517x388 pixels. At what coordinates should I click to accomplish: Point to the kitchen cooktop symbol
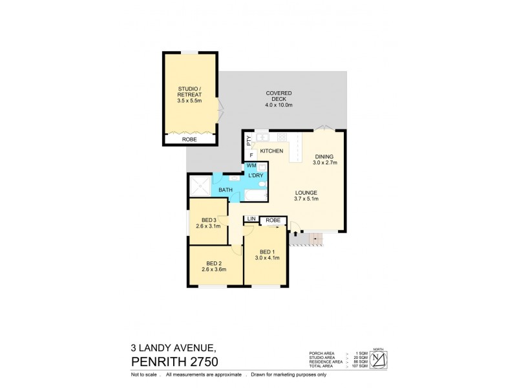[x=282, y=137]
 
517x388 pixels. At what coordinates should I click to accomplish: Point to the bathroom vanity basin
[x=232, y=178]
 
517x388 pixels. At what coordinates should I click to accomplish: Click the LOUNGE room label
[x=308, y=192]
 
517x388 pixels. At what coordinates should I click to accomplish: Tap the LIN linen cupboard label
[x=249, y=221]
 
